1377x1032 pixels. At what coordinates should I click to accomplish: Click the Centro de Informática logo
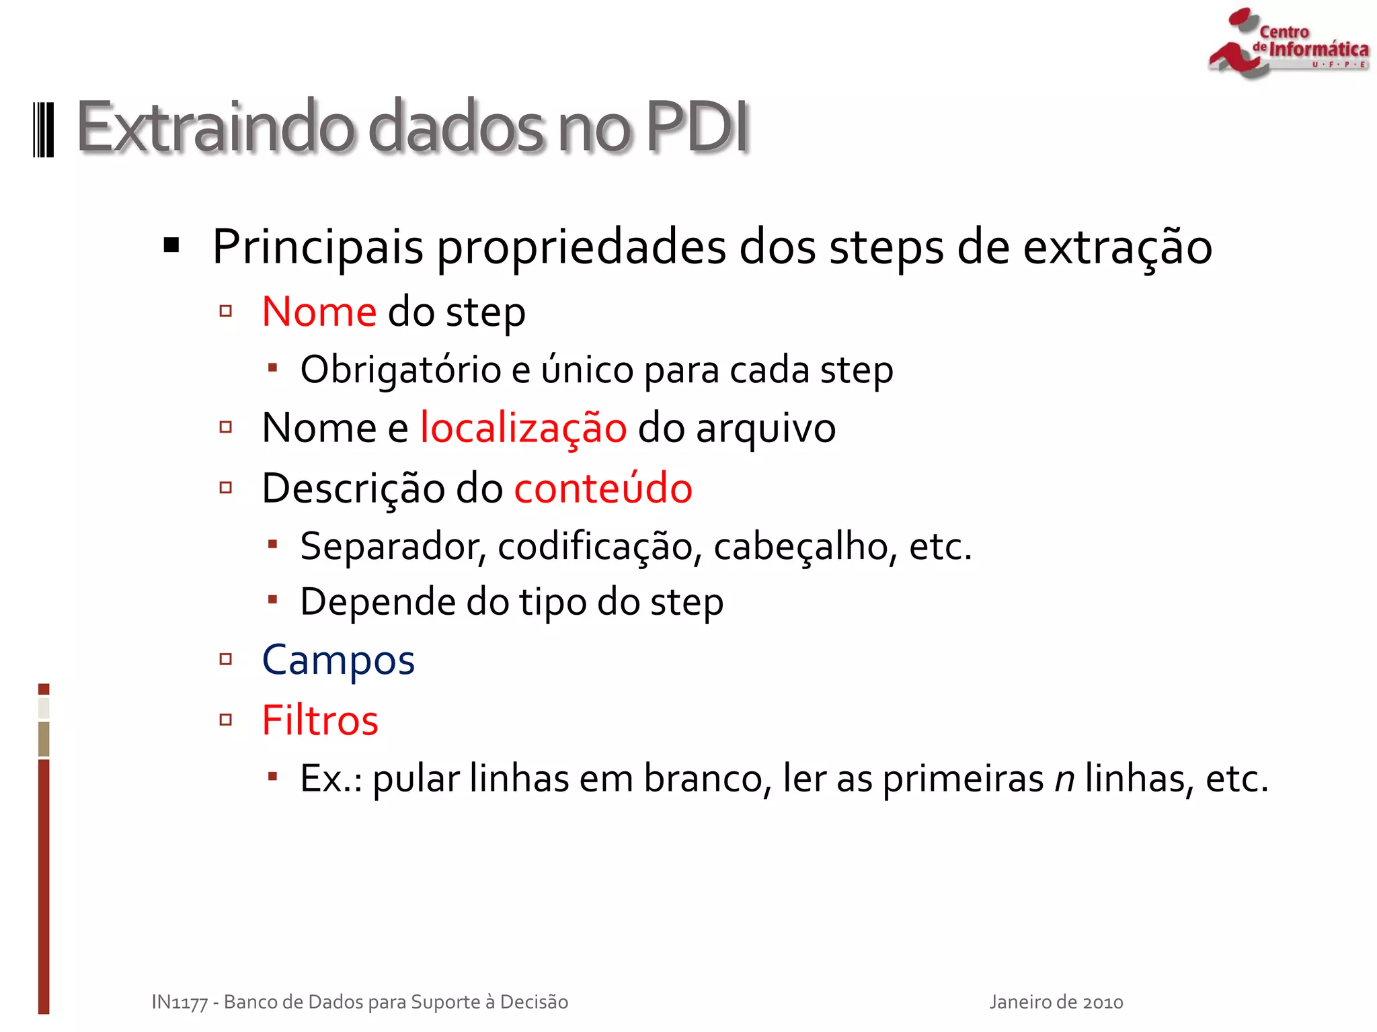pos(1288,44)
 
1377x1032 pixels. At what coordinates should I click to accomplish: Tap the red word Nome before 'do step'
pos(319,312)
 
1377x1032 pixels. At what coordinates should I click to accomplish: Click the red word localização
pos(523,428)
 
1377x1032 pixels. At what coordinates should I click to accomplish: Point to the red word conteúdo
pos(603,488)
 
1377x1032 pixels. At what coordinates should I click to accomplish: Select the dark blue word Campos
pos(338,660)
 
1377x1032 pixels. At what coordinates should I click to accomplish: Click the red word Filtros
pos(320,720)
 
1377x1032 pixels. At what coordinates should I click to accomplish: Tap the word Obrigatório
pos(401,370)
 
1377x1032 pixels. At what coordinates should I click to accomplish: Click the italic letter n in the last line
pos(1064,779)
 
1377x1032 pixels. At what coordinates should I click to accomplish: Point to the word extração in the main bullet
pos(1117,247)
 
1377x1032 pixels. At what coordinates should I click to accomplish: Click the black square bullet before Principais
pos(172,245)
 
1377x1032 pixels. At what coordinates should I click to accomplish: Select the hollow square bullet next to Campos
pos(226,659)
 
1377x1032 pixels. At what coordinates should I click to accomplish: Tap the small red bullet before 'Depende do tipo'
pos(272,599)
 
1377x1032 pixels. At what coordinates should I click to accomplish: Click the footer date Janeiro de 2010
pos(1056,1002)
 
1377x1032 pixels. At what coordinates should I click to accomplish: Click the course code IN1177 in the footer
pos(179,1002)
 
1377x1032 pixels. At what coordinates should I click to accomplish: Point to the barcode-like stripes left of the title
pos(44,130)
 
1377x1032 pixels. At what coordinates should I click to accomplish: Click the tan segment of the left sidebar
pos(44,739)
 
